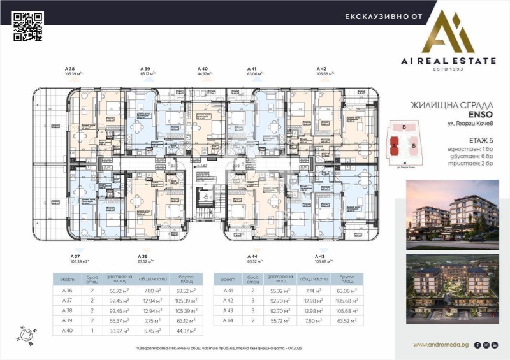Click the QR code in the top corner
coord(27,27)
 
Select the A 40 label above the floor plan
coord(202,68)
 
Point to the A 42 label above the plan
coord(321,68)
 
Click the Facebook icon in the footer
coord(477,345)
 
